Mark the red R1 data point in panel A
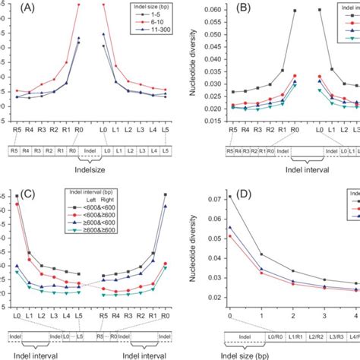[x=66, y=62]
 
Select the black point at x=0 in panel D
[x=230, y=196]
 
